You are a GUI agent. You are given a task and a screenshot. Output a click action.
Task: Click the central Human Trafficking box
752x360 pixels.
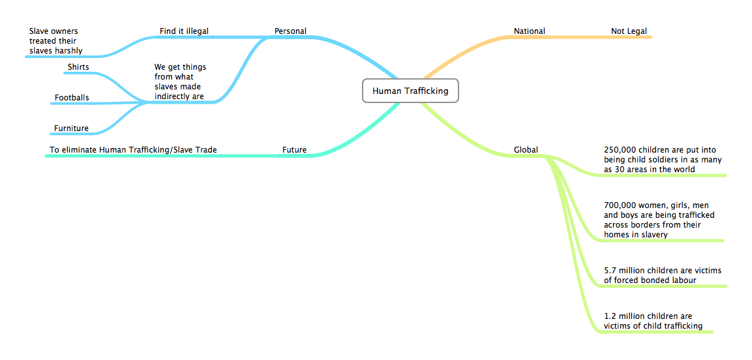tap(410, 91)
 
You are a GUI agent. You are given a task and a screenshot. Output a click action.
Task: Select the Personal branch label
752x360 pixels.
tap(290, 31)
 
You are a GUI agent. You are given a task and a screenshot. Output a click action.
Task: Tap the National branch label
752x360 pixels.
tap(529, 31)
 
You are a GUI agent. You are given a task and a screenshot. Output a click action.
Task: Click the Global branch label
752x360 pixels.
tap(526, 150)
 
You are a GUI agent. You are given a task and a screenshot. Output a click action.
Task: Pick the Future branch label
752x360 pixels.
tap(294, 150)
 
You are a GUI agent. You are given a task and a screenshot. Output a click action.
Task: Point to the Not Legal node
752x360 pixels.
tap(629, 31)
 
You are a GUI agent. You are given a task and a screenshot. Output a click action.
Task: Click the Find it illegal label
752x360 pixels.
tap(184, 31)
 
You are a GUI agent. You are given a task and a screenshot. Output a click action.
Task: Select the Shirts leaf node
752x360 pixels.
tap(78, 67)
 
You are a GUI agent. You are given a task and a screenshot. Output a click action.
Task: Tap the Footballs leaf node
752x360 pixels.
tap(72, 98)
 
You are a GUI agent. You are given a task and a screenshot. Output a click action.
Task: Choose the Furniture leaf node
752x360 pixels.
tap(71, 128)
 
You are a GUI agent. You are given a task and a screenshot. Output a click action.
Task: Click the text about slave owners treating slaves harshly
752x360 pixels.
tap(55, 40)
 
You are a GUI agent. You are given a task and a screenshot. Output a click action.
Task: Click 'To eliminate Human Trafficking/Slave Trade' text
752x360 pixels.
tap(133, 150)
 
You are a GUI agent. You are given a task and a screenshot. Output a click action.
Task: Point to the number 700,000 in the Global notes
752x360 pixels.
tap(620, 205)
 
